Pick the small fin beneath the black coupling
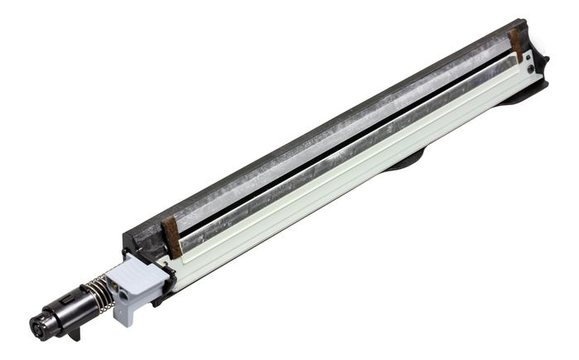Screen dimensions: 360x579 [x=74, y=334]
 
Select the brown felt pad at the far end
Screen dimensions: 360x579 [x=516, y=45]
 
